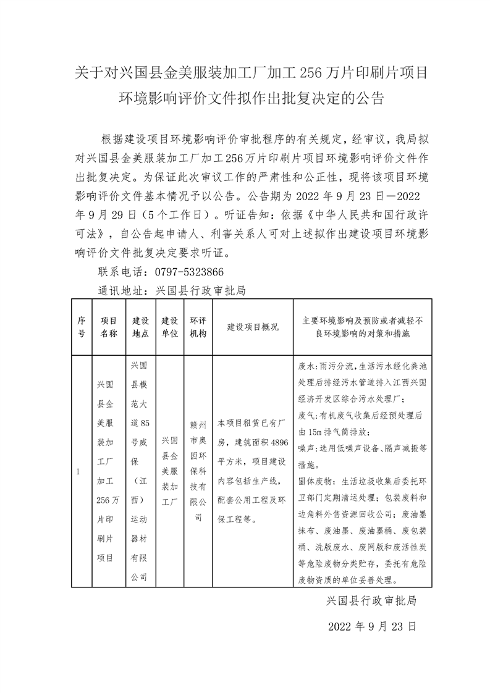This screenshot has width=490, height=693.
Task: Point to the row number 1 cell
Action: point(78,472)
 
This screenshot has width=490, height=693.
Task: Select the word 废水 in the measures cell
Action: point(305,365)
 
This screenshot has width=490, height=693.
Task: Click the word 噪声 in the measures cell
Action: point(305,447)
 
